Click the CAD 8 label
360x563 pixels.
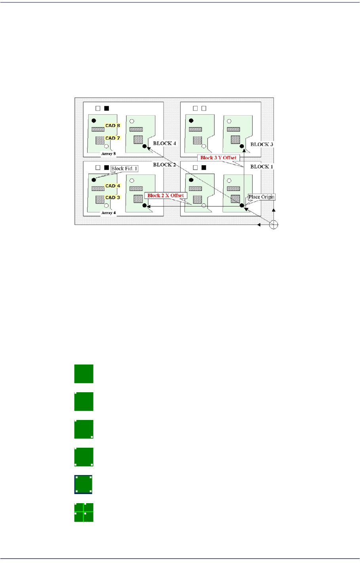(112, 126)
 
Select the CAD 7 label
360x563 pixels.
(112, 138)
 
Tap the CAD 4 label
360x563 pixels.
(112, 186)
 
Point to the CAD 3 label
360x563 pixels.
(112, 197)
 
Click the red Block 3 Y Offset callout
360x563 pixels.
(218, 158)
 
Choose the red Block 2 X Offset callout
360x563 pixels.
(166, 195)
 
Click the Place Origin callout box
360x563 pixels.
(261, 197)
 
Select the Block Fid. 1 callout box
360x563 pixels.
(124, 169)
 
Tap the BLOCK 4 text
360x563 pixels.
(164, 143)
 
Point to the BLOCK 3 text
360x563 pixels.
(261, 144)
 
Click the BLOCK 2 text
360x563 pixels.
(164, 165)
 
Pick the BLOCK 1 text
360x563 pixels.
(261, 166)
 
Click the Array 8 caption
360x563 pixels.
(109, 153)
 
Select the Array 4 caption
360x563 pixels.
(109, 213)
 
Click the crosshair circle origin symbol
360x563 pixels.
(273, 225)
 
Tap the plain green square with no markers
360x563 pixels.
(84, 374)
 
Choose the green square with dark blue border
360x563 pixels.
(84, 485)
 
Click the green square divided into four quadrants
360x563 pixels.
(84, 512)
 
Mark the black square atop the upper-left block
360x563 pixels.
(107, 108)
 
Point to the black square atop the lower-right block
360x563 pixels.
(204, 168)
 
